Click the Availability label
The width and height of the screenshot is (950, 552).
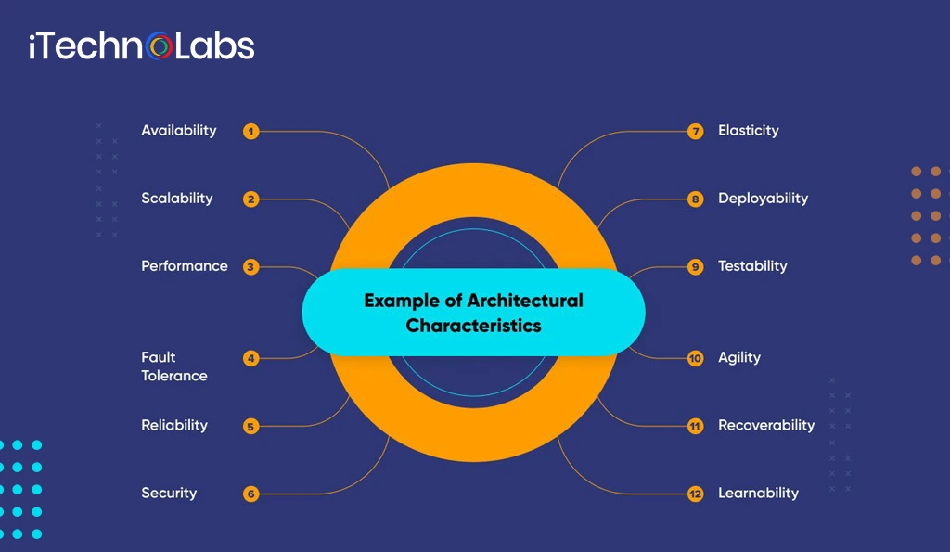pyautogui.click(x=178, y=131)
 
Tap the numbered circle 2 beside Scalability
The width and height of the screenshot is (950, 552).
pyautogui.click(x=250, y=199)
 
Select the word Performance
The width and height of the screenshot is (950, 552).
pyautogui.click(x=184, y=266)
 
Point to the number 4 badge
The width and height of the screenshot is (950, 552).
pyautogui.click(x=250, y=358)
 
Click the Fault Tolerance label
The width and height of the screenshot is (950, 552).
pyautogui.click(x=173, y=366)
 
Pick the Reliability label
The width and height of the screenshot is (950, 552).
pyautogui.click(x=174, y=426)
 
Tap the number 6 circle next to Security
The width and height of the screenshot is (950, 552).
pyautogui.click(x=250, y=494)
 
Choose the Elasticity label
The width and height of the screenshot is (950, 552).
pyautogui.click(x=748, y=131)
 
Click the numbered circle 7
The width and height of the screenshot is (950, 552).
pyautogui.click(x=696, y=132)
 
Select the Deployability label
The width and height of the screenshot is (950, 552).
pyautogui.click(x=763, y=199)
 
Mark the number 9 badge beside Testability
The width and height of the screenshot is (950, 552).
pyautogui.click(x=696, y=267)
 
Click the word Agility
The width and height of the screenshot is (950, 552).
pyautogui.click(x=739, y=358)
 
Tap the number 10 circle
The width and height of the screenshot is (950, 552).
pyautogui.click(x=696, y=358)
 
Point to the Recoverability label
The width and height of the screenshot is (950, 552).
pyautogui.click(x=766, y=426)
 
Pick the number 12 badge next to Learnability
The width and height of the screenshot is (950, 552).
pyautogui.click(x=696, y=494)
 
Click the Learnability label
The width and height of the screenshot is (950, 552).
pyautogui.click(x=758, y=494)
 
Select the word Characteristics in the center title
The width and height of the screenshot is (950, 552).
pyautogui.click(x=473, y=327)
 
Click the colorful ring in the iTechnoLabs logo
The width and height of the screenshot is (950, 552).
pyautogui.click(x=160, y=46)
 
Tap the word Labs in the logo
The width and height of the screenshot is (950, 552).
pyautogui.click(x=215, y=46)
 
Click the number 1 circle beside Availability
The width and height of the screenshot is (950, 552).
pyautogui.click(x=250, y=132)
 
